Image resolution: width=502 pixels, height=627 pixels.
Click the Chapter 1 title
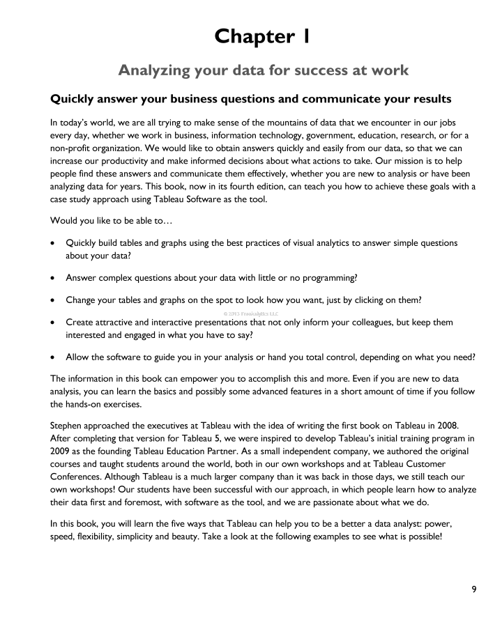pyautogui.click(x=263, y=36)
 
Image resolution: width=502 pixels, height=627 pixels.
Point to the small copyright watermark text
pyautogui.click(x=250, y=313)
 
